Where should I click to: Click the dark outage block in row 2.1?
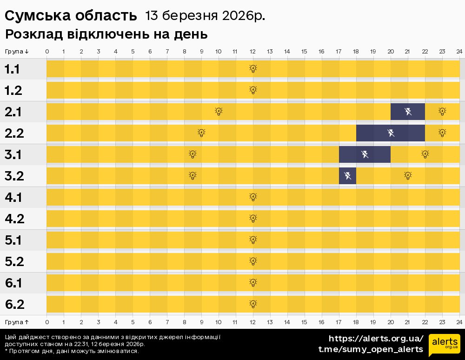click(407, 112)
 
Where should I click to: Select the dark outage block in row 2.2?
click(390, 133)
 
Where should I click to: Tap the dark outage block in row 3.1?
click(365, 154)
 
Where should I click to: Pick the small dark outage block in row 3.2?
click(347, 176)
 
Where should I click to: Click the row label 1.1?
click(12, 69)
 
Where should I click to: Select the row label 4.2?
click(14, 219)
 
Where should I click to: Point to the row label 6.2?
click(14, 305)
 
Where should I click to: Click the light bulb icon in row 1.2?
click(253, 90)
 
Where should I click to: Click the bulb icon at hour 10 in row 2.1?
click(219, 112)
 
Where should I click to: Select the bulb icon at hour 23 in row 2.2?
click(442, 133)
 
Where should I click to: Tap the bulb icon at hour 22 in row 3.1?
click(425, 154)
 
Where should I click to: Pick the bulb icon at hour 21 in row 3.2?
click(408, 176)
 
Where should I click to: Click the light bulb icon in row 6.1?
click(253, 283)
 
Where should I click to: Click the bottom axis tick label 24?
click(459, 322)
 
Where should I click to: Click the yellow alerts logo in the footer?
click(444, 344)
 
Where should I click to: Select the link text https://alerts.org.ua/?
click(376, 338)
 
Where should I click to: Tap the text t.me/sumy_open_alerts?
click(371, 349)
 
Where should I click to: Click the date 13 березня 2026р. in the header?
click(205, 15)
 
